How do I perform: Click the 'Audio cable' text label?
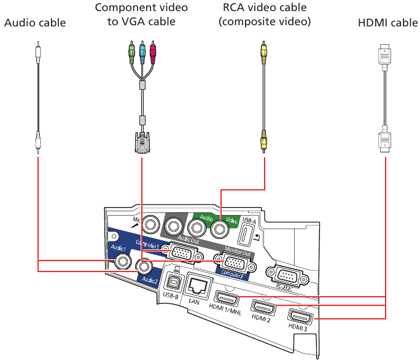pyautogui.click(x=35, y=23)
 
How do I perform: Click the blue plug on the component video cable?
pyautogui.click(x=142, y=50)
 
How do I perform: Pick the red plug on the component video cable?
pyautogui.click(x=154, y=50)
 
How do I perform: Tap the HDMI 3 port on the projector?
pyautogui.click(x=301, y=318)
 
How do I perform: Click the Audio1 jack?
pyautogui.click(x=123, y=262)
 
